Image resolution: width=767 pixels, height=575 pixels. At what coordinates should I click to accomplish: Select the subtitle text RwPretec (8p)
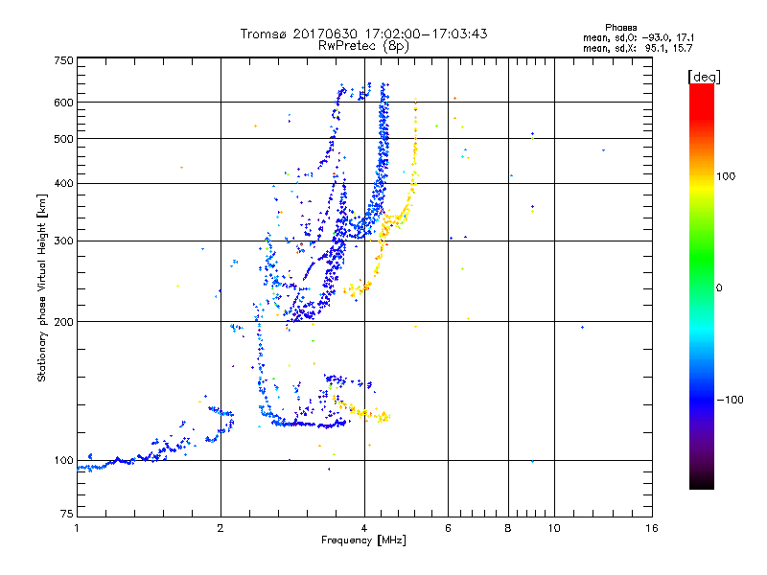coord(363,45)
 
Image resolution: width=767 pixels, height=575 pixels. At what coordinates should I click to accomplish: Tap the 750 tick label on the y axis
coord(63,60)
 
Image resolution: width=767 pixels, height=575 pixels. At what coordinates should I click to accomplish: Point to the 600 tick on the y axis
coord(63,102)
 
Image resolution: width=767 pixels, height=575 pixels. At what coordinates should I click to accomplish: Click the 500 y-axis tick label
coord(63,139)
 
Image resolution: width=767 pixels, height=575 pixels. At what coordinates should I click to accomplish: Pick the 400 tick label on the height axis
coord(63,183)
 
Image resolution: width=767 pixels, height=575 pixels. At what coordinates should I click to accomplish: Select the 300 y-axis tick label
coord(63,241)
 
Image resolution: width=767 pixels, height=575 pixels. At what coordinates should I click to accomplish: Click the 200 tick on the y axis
coord(63,322)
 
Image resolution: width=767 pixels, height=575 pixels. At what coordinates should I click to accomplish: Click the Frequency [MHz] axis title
coord(364,541)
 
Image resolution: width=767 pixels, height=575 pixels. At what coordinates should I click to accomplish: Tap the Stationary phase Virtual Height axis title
coord(42,287)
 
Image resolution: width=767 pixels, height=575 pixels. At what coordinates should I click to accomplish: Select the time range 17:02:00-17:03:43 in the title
coord(417,34)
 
